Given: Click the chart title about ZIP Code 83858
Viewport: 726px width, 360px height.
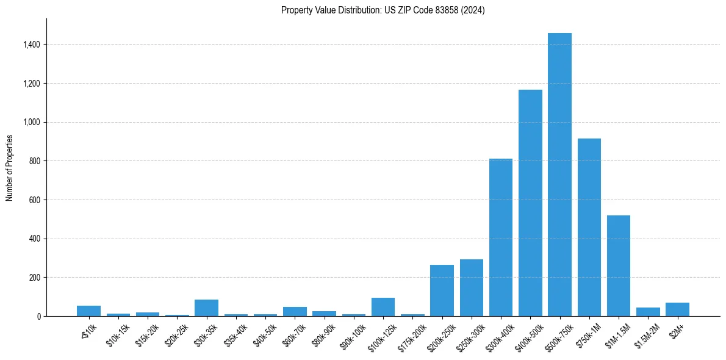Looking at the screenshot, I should click(x=383, y=10).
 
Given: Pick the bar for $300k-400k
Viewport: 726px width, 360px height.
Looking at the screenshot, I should click(x=501, y=237).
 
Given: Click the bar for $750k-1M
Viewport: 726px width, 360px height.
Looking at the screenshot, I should click(x=589, y=227).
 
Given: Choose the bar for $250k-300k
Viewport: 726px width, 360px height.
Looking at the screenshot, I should click(x=472, y=288).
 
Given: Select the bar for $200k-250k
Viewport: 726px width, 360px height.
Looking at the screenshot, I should click(x=442, y=290).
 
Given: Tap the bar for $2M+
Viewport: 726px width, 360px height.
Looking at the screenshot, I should click(x=677, y=309).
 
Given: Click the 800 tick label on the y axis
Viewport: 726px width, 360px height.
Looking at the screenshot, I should click(x=34, y=161).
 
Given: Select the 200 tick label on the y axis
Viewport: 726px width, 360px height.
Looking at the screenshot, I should click(x=34, y=278).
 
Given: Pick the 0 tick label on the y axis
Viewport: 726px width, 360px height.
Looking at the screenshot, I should click(x=38, y=316).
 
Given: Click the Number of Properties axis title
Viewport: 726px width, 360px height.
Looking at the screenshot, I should click(x=10, y=167).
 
